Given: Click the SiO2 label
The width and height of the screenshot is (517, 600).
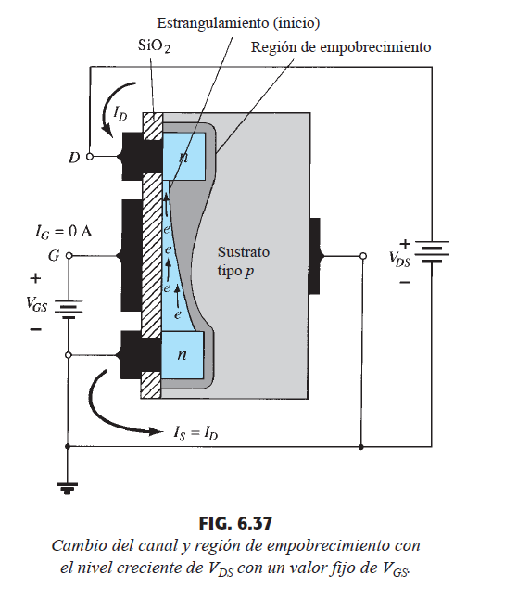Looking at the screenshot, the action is (x=154, y=46).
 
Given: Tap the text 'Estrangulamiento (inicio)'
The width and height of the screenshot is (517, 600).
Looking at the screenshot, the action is (x=238, y=23).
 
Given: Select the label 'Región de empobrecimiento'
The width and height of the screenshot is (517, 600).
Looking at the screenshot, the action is (x=341, y=47).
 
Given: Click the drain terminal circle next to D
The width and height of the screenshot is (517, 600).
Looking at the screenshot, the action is (x=90, y=157).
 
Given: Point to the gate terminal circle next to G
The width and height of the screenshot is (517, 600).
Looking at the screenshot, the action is (x=69, y=255).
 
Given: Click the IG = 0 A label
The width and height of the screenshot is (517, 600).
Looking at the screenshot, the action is (x=64, y=232).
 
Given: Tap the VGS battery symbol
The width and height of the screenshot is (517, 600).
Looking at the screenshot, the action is (x=69, y=309).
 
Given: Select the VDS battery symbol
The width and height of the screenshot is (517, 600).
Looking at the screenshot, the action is (x=432, y=252).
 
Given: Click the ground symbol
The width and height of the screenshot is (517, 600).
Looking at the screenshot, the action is (x=68, y=489).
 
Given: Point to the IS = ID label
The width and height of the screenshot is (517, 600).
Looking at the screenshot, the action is (x=195, y=433).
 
